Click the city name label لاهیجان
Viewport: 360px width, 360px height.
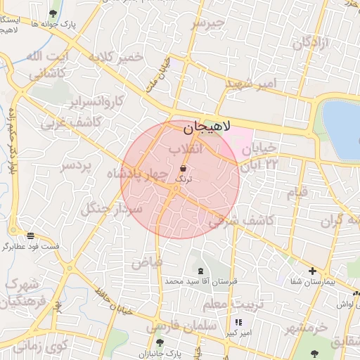pyautogui.click(x=207, y=129)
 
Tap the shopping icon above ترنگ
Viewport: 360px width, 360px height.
pyautogui.click(x=184, y=168)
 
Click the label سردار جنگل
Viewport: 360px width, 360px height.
pyautogui.click(x=112, y=208)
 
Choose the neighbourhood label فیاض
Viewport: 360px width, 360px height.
pyautogui.click(x=147, y=262)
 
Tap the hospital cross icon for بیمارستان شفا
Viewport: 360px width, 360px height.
pyautogui.click(x=313, y=271)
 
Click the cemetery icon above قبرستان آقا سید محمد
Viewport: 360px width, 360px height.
pyautogui.click(x=201, y=271)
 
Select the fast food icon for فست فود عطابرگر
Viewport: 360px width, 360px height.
pyautogui.click(x=30, y=236)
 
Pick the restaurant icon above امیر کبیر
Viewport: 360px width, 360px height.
pyautogui.click(x=236, y=322)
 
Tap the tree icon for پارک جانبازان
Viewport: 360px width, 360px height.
pyautogui.click(x=160, y=342)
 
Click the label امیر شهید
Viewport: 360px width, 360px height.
pyautogui.click(x=251, y=83)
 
